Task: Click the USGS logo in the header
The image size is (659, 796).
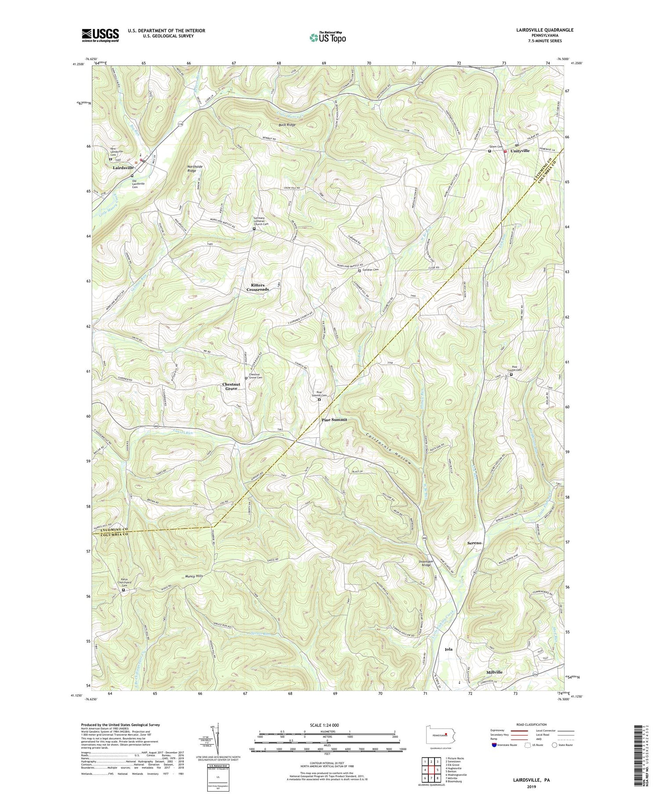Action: (100, 35)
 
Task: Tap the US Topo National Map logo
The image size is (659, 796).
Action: (327, 38)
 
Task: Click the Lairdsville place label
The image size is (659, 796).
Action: (123, 168)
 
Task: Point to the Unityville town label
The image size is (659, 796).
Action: (520, 151)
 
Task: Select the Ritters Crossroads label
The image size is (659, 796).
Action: (257, 287)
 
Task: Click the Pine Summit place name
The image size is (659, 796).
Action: (334, 420)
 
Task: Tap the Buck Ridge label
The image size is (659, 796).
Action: (287, 125)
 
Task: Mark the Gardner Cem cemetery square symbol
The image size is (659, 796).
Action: (359, 271)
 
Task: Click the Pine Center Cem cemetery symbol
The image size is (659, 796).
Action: (511, 375)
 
